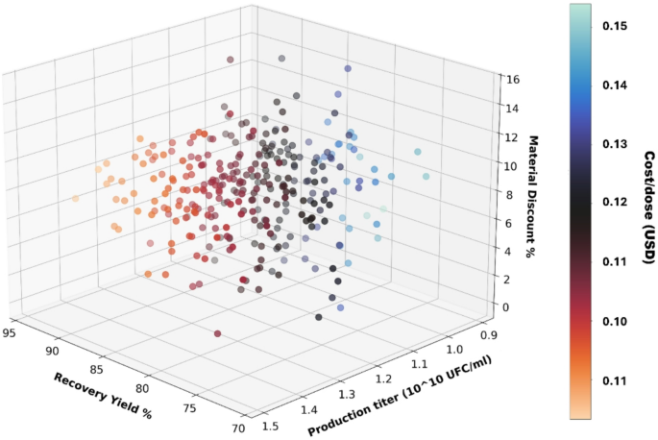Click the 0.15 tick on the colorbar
[609, 25]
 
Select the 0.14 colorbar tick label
[609, 86]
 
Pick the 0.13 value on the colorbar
[609, 144]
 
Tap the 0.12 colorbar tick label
[609, 203]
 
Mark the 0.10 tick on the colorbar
[609, 321]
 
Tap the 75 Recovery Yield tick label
[188, 408]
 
